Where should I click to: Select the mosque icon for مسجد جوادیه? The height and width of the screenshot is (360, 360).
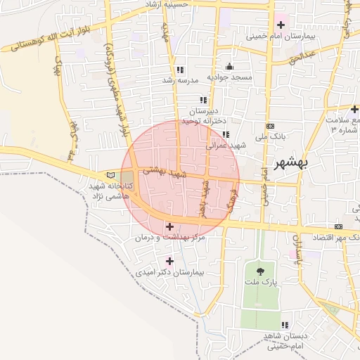229,67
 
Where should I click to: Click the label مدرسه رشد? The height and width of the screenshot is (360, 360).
176,80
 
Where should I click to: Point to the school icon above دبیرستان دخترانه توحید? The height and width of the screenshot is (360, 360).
204,100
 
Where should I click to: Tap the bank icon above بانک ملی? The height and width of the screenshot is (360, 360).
226,134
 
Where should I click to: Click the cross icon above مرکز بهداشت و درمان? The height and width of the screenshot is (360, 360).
169,226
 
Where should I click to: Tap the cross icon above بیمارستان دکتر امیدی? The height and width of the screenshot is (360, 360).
169,261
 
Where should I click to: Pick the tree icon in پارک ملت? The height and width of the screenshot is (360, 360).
261,270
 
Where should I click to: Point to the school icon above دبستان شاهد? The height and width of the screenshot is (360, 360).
285,324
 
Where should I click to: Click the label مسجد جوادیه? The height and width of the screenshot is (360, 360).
229,76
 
